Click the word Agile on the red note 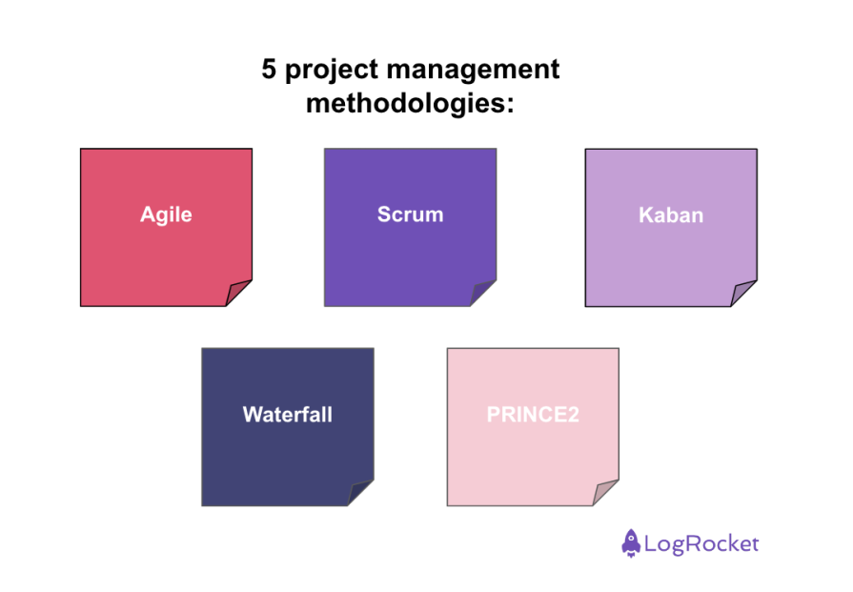[166, 214]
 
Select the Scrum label [410, 214]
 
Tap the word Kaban [671, 215]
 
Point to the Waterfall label [287, 415]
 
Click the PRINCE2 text [532, 415]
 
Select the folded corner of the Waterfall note [359, 492]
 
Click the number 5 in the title [270, 71]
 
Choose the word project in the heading [332, 71]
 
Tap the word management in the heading [476, 71]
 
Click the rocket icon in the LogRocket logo [631, 543]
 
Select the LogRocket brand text [702, 544]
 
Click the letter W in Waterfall [252, 415]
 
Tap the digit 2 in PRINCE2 [573, 415]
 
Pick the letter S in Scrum [384, 214]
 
